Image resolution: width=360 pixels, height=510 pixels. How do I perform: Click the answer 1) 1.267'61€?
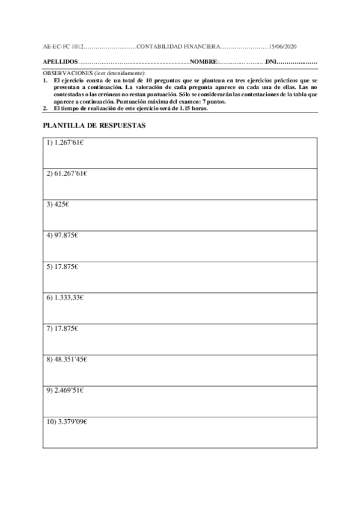click(x=65, y=143)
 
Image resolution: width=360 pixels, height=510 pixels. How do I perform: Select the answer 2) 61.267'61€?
click(x=67, y=174)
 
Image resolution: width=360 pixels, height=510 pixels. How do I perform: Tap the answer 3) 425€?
click(x=58, y=204)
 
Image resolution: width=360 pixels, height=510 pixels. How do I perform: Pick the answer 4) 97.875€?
click(x=63, y=235)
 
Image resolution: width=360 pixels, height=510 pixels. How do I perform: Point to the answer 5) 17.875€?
click(x=63, y=266)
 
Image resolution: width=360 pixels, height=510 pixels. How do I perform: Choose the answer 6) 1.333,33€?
click(x=65, y=297)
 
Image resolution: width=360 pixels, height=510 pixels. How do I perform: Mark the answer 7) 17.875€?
click(x=63, y=328)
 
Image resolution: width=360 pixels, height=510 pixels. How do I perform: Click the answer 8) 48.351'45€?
click(x=67, y=360)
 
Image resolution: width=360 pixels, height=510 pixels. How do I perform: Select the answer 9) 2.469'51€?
click(x=65, y=390)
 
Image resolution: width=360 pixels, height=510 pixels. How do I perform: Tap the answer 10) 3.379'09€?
click(x=67, y=421)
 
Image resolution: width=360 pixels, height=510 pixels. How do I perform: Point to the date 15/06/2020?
click(x=283, y=46)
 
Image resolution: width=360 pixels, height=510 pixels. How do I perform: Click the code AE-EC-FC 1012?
click(x=63, y=46)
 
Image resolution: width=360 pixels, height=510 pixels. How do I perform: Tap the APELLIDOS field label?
click(x=61, y=62)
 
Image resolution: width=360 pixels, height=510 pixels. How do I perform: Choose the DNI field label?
click(x=271, y=62)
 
